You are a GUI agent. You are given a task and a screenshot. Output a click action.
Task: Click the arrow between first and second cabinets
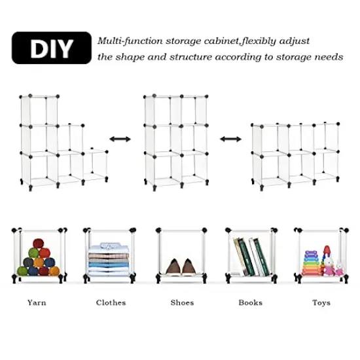118,139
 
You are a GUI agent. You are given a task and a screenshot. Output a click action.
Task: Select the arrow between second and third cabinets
229,139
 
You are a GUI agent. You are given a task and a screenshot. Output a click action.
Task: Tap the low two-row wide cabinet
295,154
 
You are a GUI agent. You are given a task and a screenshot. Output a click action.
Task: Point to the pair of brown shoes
181,266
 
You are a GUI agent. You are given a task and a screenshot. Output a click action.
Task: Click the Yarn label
37,303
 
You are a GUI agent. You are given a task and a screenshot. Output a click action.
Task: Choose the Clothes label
111,303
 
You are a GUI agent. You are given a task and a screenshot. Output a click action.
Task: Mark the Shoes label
182,303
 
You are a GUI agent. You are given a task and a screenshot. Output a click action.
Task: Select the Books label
250,303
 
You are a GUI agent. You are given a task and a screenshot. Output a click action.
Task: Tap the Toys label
321,303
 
